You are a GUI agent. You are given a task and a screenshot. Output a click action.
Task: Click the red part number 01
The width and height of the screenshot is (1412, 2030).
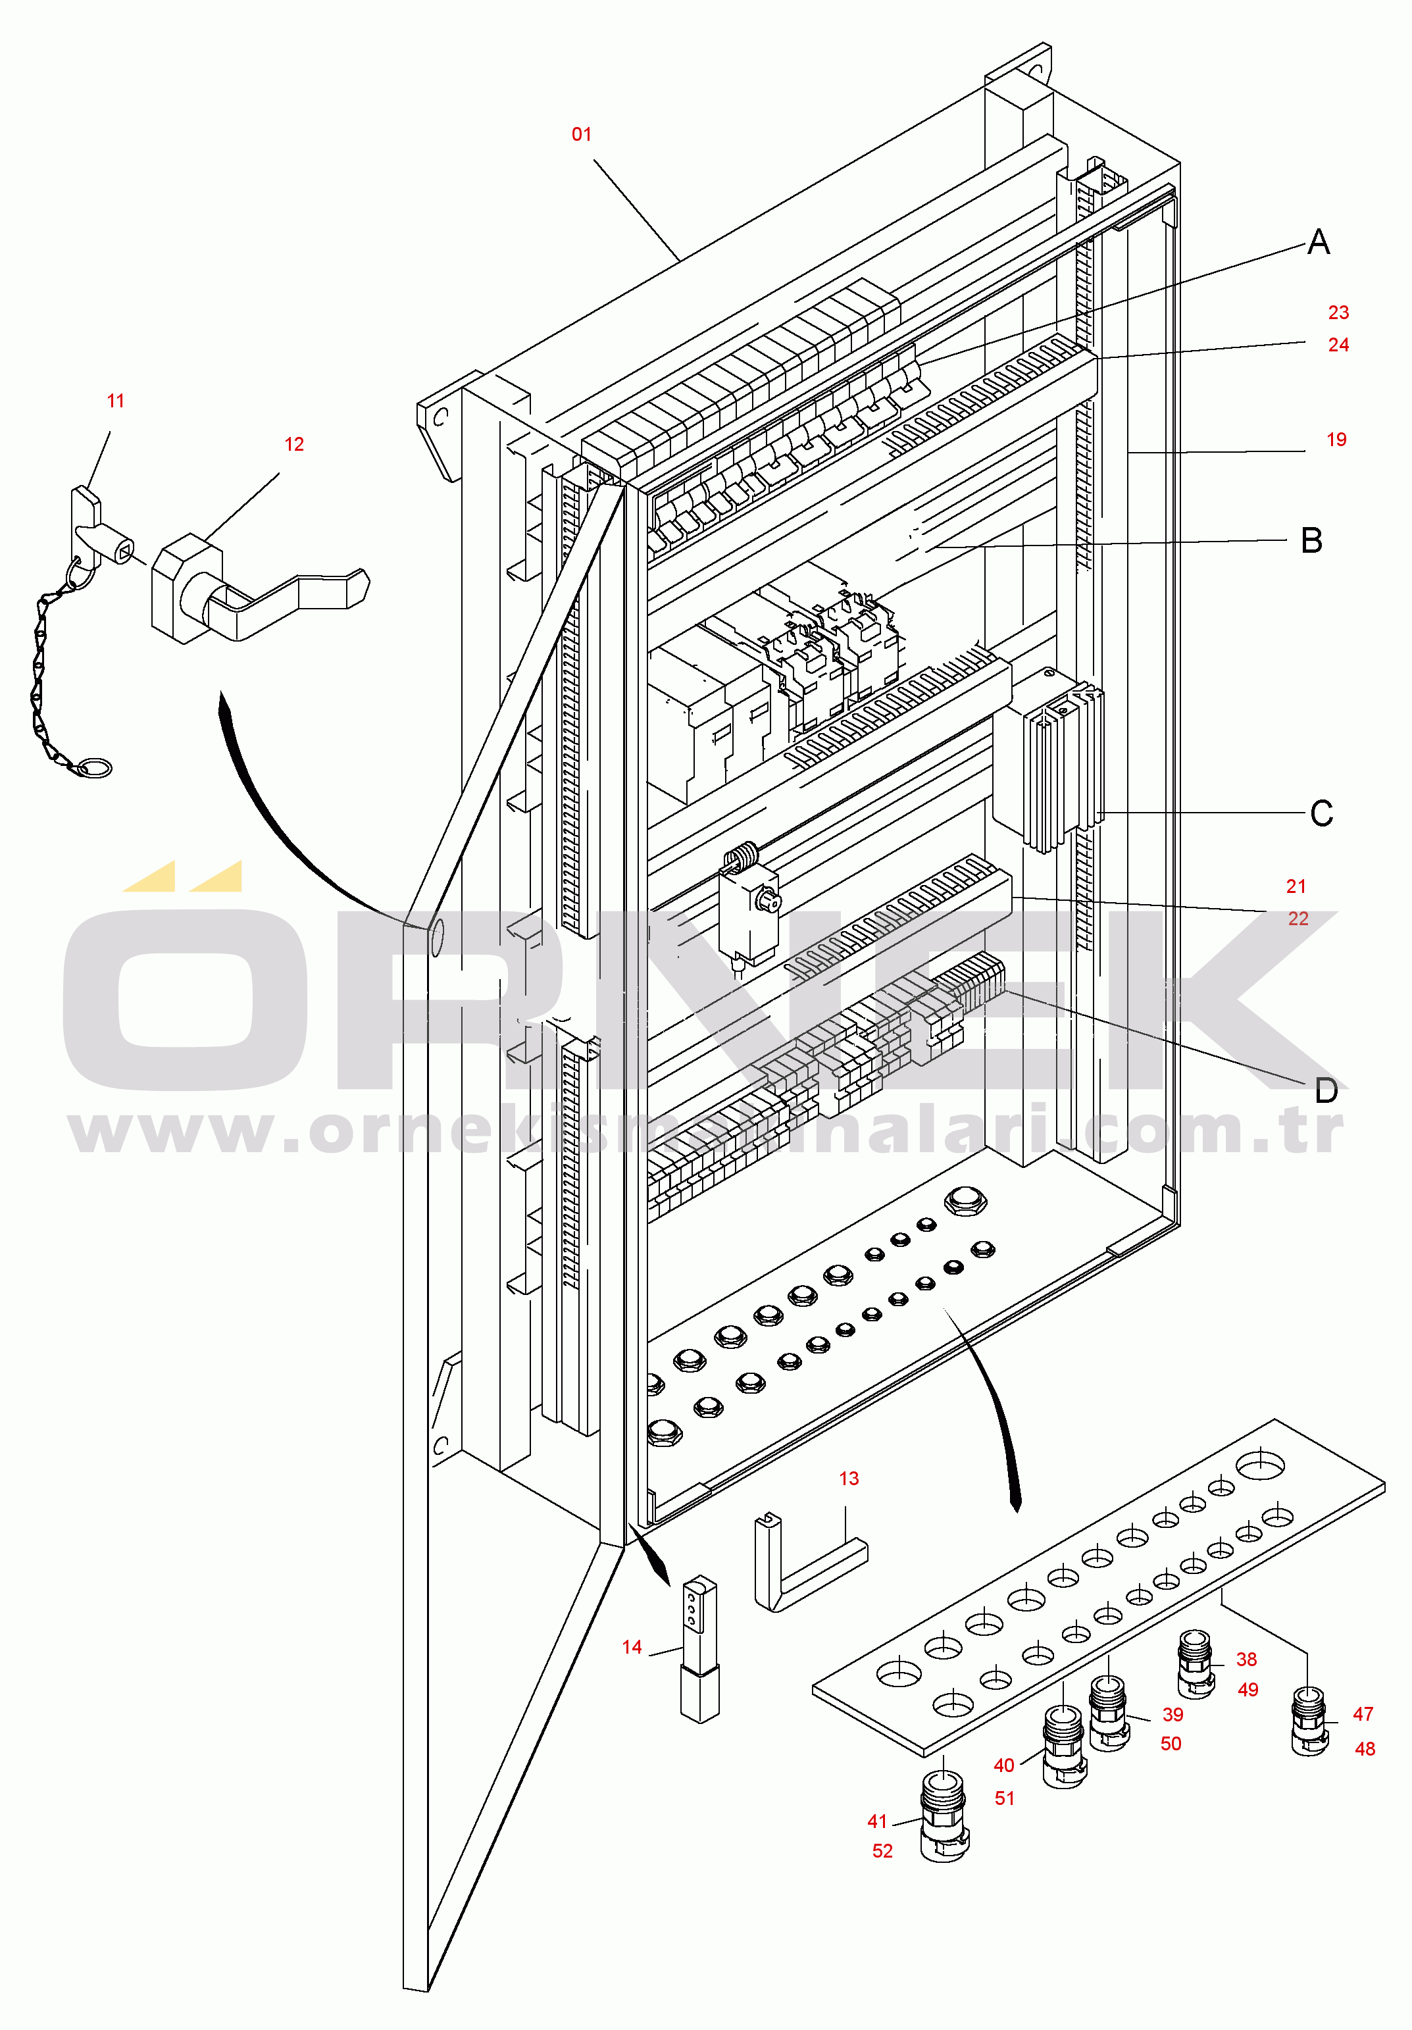tap(581, 134)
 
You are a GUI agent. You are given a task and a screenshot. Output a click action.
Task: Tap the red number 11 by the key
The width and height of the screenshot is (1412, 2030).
tap(115, 401)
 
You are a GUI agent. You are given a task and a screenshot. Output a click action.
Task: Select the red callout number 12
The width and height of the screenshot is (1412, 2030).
tap(294, 444)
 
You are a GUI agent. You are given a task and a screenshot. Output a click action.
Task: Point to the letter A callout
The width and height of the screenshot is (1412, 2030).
tap(1319, 241)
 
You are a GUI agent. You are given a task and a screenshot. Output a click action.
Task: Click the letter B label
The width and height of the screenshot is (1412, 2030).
tap(1311, 540)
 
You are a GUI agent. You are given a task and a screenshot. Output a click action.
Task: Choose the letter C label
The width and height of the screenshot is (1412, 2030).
tap(1321, 813)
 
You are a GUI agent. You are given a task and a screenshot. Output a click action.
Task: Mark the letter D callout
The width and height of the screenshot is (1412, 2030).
tap(1325, 1090)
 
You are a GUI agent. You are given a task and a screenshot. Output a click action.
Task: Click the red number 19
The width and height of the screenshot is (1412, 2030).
tap(1336, 440)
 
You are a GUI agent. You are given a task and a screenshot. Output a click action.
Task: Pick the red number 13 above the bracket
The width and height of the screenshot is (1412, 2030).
tap(849, 1479)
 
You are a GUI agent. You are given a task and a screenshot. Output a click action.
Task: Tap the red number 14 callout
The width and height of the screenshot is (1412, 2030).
tap(631, 1647)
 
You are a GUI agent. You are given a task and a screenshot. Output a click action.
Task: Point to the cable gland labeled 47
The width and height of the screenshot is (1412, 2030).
tap(1309, 1721)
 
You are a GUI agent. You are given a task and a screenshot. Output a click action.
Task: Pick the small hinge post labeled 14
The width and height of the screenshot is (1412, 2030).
tap(699, 1650)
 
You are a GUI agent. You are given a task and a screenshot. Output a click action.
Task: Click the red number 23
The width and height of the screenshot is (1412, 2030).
tap(1338, 312)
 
